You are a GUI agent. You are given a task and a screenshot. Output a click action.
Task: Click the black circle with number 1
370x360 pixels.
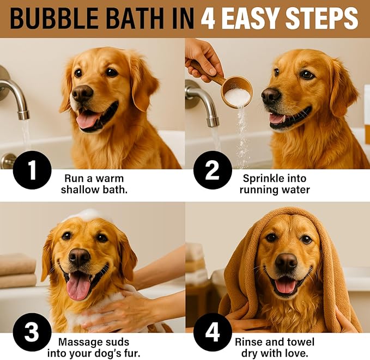[x=32, y=170]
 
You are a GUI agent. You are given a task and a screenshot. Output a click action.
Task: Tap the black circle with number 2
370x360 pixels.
[x=213, y=170]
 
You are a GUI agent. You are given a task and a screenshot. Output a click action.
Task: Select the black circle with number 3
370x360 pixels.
[x=32, y=332]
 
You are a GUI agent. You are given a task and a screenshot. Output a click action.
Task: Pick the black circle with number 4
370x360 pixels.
[x=213, y=332]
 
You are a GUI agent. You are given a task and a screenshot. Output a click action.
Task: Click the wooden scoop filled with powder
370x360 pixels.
[x=236, y=91]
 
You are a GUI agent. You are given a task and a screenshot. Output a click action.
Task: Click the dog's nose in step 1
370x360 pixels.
[x=83, y=94]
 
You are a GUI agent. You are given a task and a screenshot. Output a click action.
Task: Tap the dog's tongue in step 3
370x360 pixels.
[x=78, y=285]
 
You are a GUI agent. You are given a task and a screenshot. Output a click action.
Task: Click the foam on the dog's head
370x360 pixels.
[x=87, y=215]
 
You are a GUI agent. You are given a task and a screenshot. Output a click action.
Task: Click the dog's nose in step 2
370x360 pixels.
[x=271, y=96]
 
